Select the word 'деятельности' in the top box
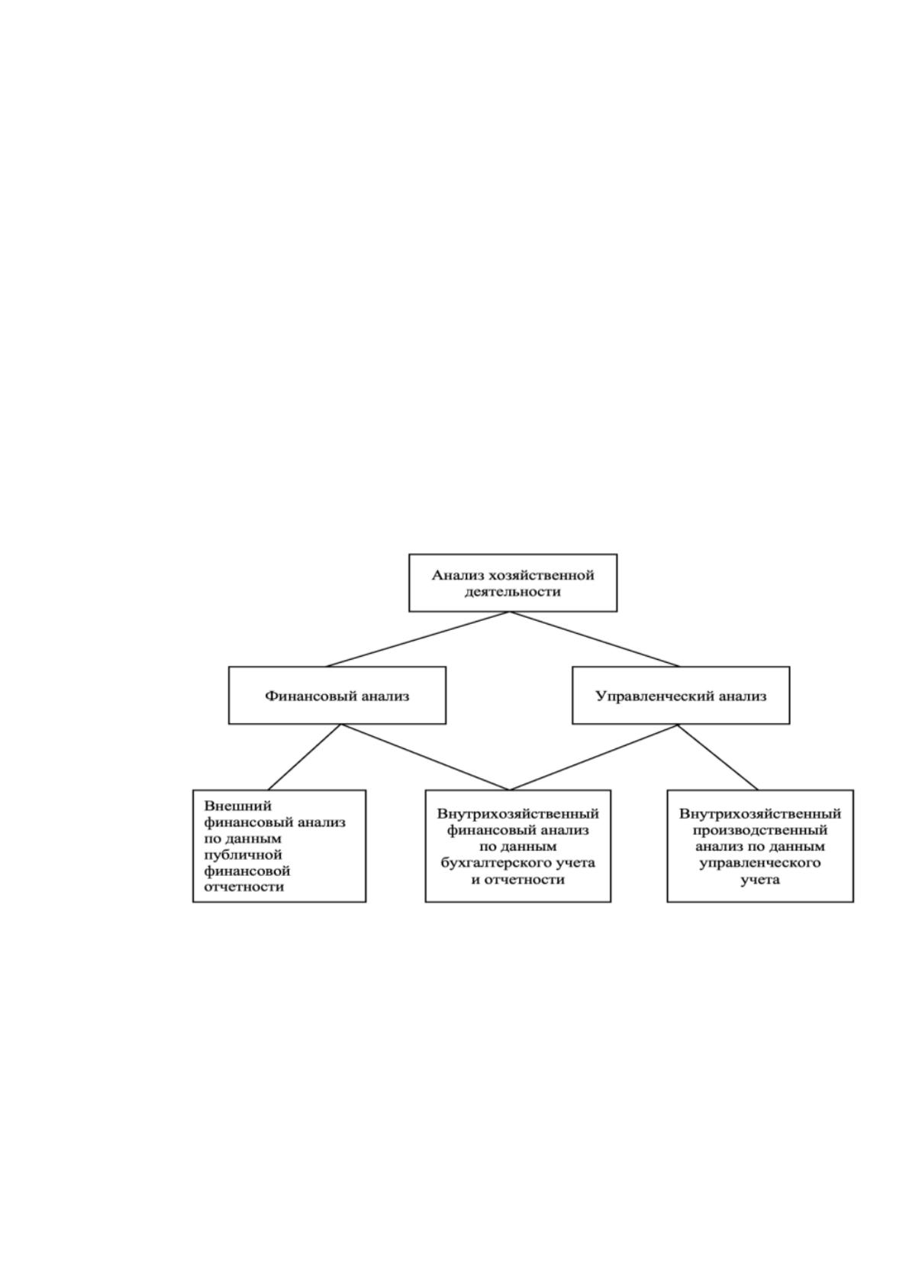click(512, 592)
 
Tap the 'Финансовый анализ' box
click(337, 695)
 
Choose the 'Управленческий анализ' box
click(681, 695)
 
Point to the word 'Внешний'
click(237, 806)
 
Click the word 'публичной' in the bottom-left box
click(243, 855)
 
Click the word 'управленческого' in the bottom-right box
click(760, 863)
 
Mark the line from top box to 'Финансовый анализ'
click(417, 639)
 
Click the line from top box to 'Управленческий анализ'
click(595, 639)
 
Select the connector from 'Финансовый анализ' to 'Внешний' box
click(305, 757)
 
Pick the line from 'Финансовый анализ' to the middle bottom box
click(425, 757)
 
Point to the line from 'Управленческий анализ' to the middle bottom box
click(593, 757)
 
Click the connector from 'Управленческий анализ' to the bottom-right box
click(718, 757)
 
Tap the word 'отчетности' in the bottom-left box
click(244, 887)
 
